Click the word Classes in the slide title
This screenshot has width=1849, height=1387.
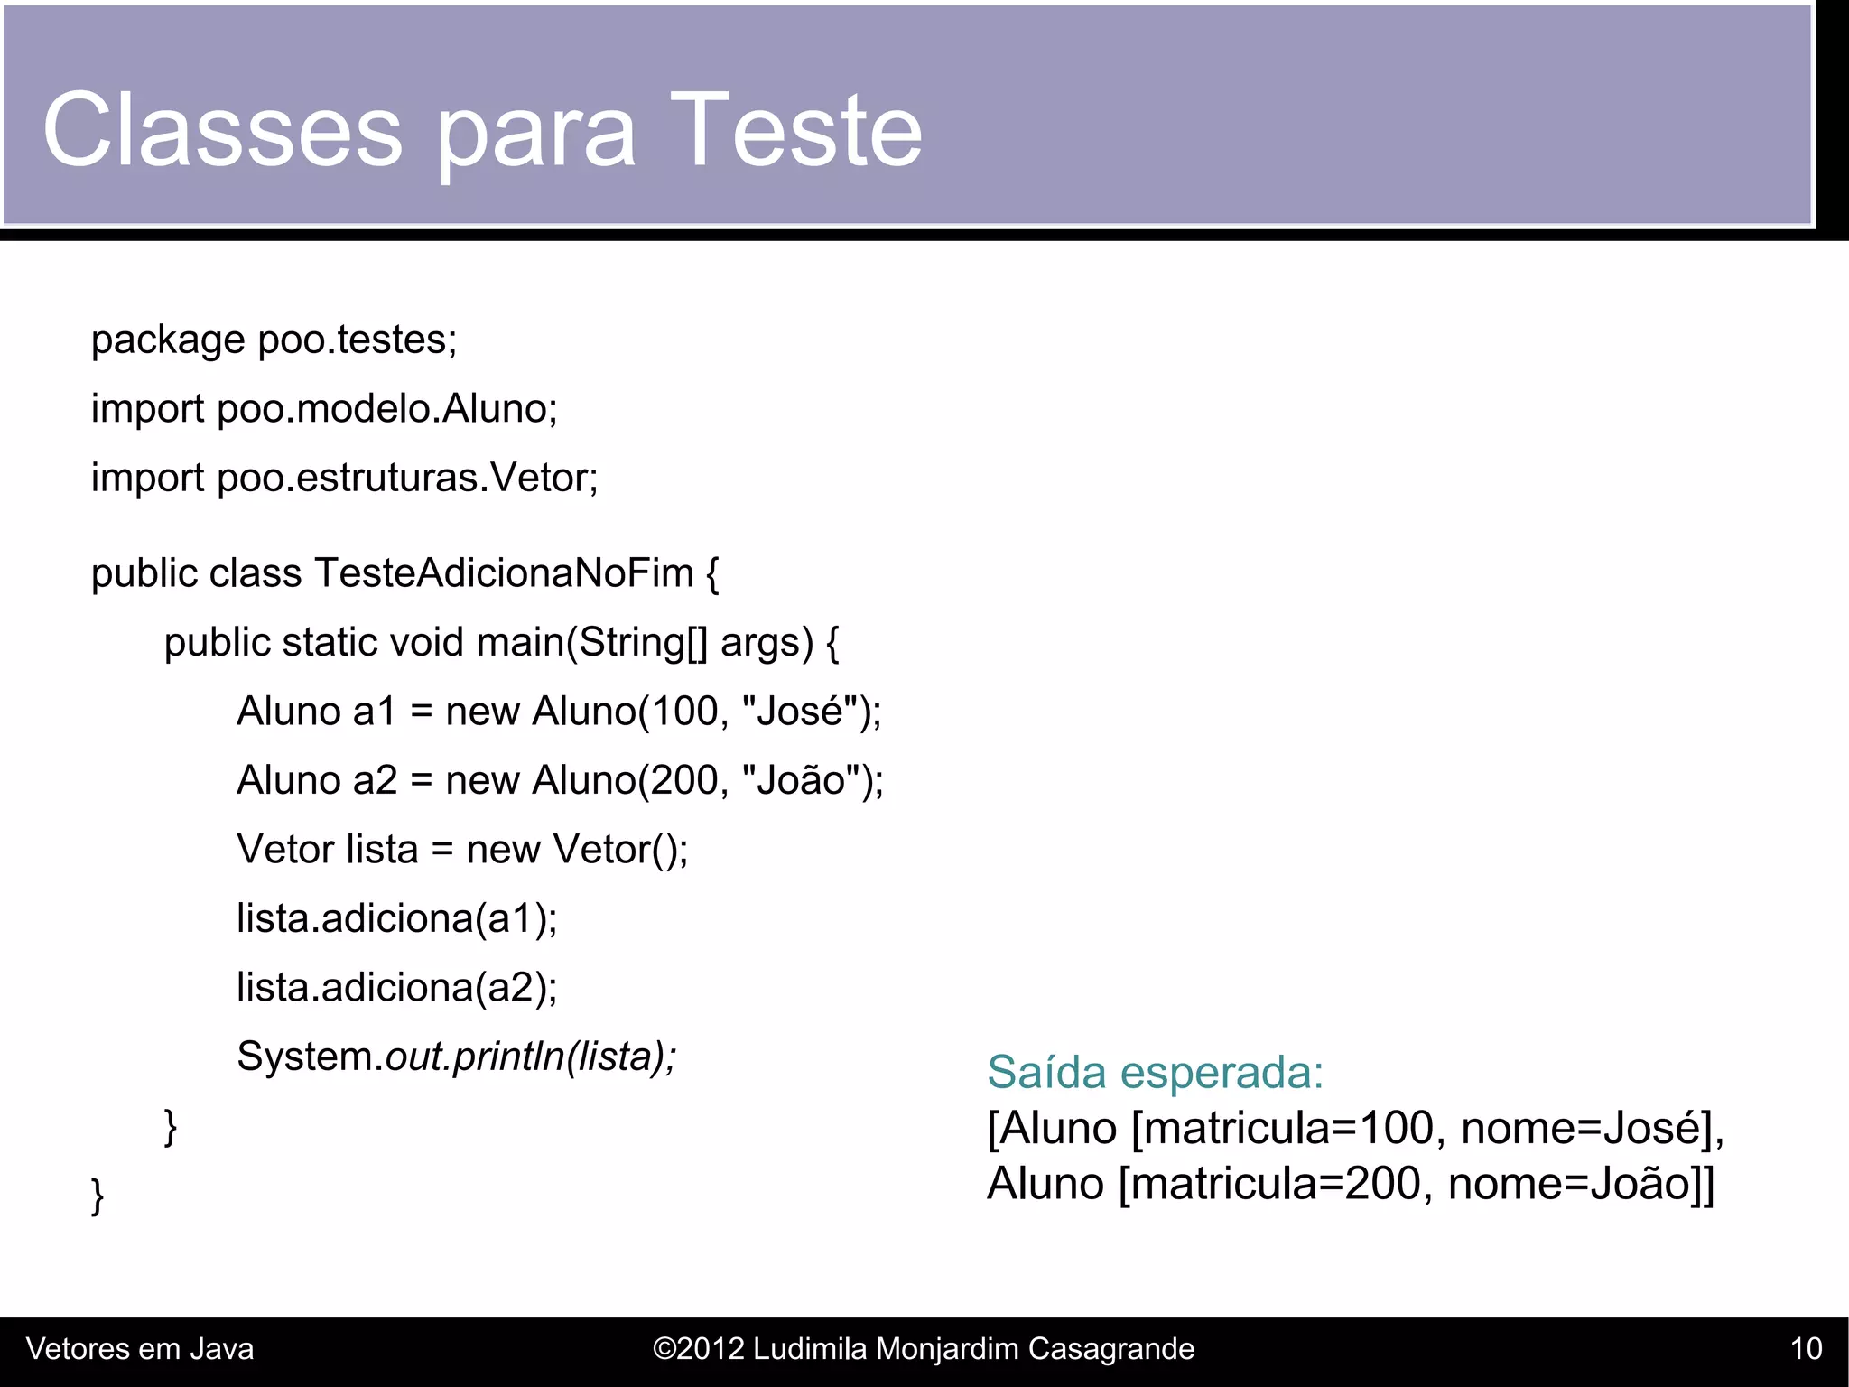(222, 131)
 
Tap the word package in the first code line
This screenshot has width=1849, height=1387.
(168, 341)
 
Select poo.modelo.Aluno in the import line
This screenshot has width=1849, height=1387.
(386, 409)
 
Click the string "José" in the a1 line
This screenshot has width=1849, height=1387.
(800, 712)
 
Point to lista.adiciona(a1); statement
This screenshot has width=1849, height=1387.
(397, 919)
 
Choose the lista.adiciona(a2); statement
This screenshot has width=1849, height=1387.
(397, 988)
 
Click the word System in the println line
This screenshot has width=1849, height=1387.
(304, 1057)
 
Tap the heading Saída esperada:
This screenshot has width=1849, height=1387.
(1155, 1073)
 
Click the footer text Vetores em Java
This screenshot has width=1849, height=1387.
(140, 1349)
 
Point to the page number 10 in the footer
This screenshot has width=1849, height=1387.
(1806, 1349)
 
